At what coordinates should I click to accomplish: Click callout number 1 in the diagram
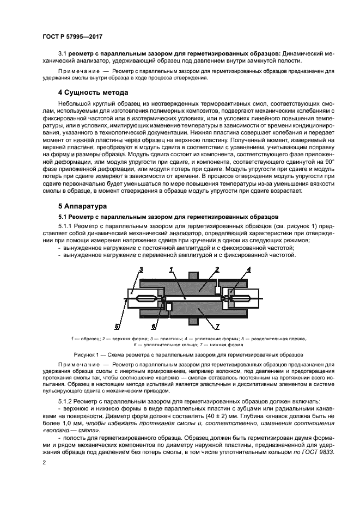[x=171, y=269]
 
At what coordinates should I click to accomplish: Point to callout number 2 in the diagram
[x=217, y=269]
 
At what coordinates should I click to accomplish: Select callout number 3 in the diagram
[x=141, y=269]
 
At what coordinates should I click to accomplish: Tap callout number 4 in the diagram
[x=248, y=269]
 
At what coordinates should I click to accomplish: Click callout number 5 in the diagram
[x=117, y=327]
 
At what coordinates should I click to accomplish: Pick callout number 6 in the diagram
[x=154, y=327]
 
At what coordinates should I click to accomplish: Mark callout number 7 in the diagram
[x=217, y=327]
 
